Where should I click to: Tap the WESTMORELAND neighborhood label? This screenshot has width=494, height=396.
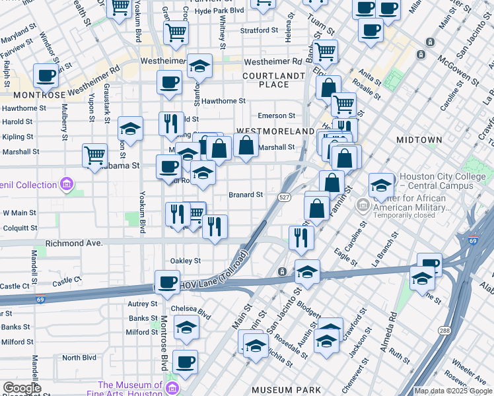[x=275, y=131]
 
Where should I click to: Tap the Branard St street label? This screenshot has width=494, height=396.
[x=246, y=195]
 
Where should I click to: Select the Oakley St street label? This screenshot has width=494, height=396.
[x=186, y=261]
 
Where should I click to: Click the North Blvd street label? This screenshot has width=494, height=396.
[x=79, y=358]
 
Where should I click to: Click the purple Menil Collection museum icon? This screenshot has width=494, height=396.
[x=67, y=184]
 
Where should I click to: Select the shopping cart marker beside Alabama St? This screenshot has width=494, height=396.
[x=95, y=155]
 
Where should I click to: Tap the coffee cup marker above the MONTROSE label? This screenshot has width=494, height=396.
[x=46, y=75]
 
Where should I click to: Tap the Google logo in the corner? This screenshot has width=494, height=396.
[x=21, y=389]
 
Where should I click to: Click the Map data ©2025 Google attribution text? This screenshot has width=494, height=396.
[x=453, y=391]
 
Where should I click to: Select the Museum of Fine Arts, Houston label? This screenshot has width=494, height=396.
[x=130, y=389]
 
